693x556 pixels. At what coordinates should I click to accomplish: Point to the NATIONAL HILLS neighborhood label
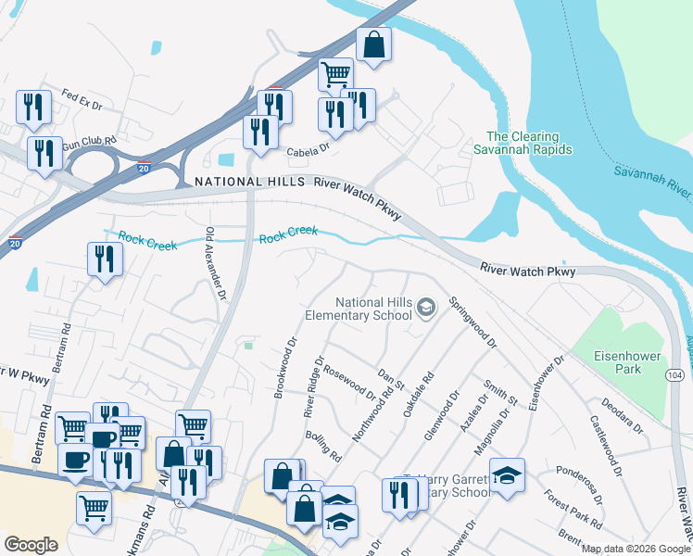pos(249,183)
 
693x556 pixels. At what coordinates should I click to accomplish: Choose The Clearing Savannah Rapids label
pos(523,142)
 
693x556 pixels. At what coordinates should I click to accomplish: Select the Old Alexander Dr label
pos(216,264)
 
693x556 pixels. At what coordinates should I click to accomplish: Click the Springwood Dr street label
pos(472,320)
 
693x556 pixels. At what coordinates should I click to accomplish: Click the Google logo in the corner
pos(31,545)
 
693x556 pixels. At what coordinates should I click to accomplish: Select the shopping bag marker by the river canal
pos(373,46)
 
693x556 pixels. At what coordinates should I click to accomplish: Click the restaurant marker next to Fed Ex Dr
pos(33,108)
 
